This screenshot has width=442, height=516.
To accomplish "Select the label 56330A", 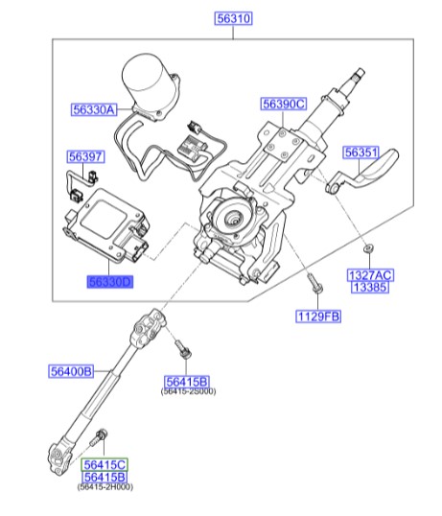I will pos(93,110).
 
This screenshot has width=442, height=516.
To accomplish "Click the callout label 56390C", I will pos(284,104).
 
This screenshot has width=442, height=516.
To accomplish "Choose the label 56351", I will pos(362,152).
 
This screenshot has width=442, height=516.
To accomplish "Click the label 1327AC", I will pos(370,275).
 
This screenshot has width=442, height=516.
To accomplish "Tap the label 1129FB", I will pos(318,316).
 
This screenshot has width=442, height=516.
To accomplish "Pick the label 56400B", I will pos(71,370).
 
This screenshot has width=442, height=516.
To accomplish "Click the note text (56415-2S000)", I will pos(188,392).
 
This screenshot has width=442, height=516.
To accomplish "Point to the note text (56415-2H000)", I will pos(105,488).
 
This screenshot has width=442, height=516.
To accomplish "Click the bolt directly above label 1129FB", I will pos(314,285).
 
